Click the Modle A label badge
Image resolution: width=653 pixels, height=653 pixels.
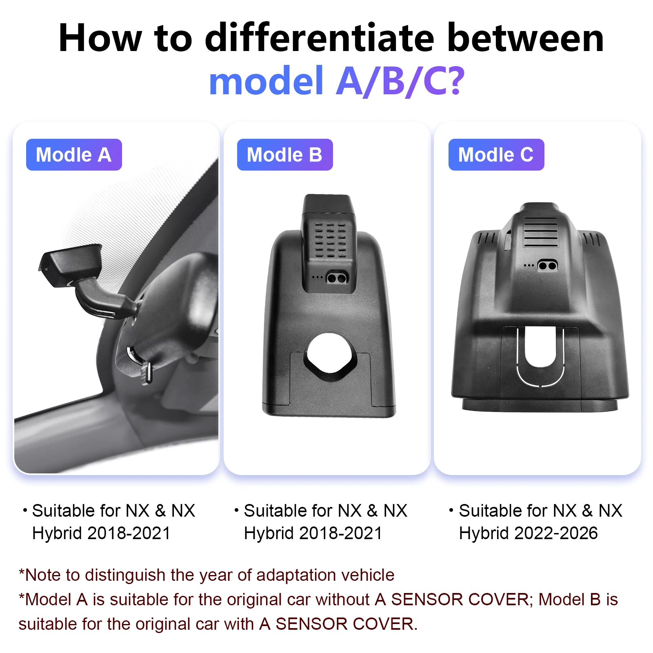click(74, 155)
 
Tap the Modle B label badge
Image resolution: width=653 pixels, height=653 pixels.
click(285, 155)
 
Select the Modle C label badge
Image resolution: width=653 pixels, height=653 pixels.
click(496, 155)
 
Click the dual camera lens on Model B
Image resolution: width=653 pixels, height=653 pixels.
click(337, 279)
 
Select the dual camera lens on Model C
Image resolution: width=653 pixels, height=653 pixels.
click(548, 266)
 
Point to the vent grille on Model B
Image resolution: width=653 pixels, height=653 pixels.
click(330, 240)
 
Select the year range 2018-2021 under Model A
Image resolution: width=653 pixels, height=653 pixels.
click(129, 533)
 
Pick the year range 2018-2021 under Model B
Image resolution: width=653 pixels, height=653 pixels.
click(341, 533)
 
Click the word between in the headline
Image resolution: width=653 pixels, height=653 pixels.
click(525, 38)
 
